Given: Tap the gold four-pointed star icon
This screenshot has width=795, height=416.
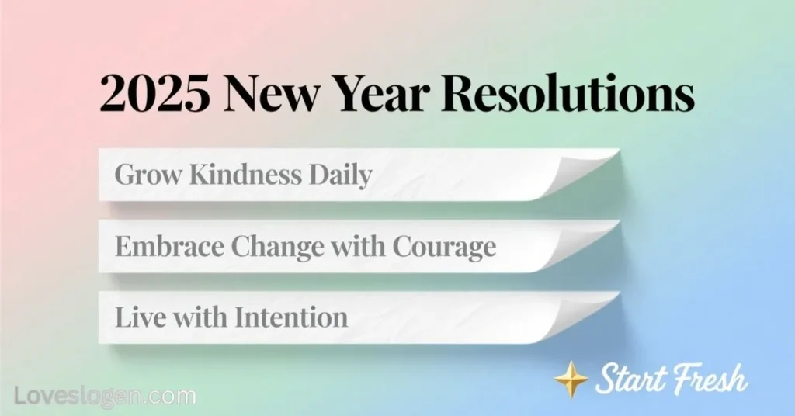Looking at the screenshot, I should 571,379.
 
